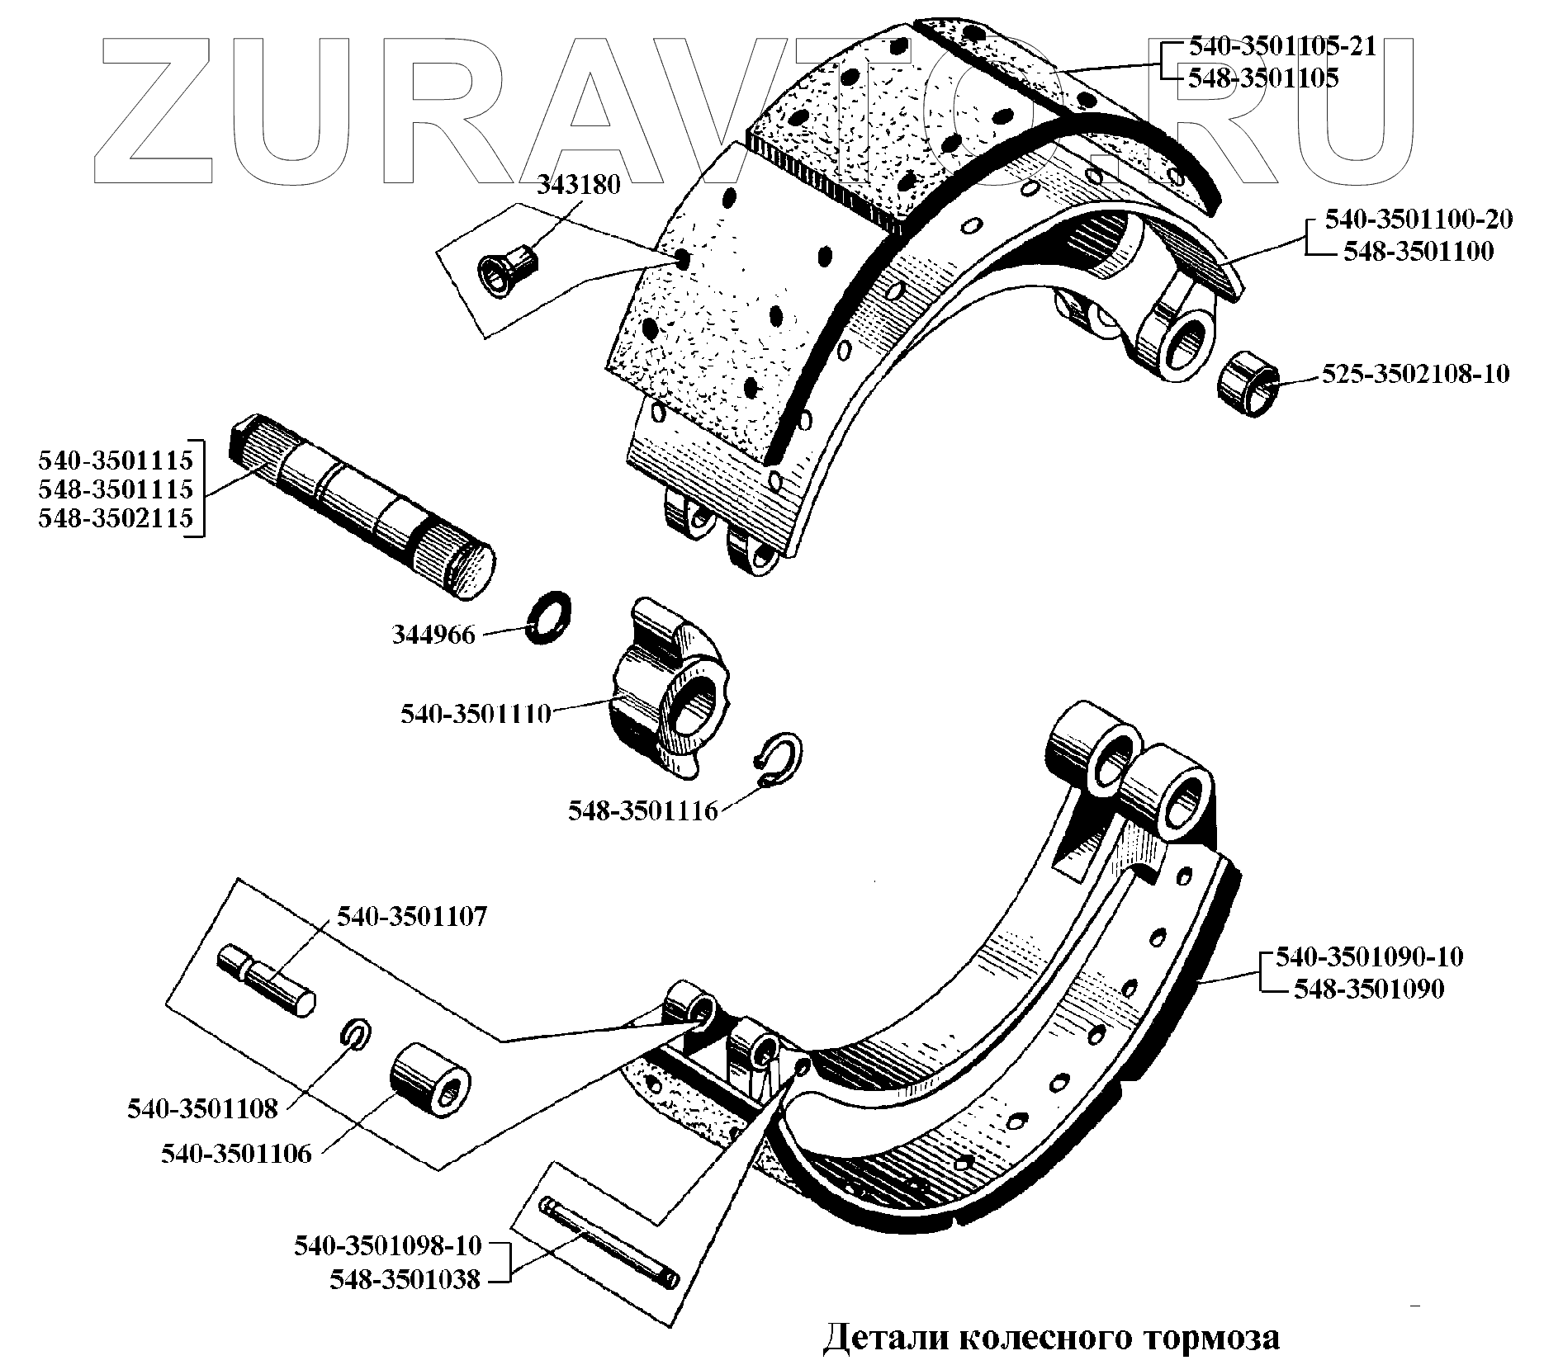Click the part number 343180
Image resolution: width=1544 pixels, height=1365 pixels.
(578, 185)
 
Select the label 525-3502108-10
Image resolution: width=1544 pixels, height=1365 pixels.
(1415, 375)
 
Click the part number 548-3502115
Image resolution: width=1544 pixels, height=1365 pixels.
(115, 518)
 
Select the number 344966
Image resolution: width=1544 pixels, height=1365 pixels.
(433, 635)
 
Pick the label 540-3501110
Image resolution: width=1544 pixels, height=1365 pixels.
(476, 714)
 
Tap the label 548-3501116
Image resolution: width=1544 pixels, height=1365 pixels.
(642, 811)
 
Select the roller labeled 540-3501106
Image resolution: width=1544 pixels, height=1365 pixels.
(429, 1082)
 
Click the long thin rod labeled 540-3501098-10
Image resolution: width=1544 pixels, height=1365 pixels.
(610, 1244)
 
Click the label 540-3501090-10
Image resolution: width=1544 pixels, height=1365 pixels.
(1369, 957)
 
